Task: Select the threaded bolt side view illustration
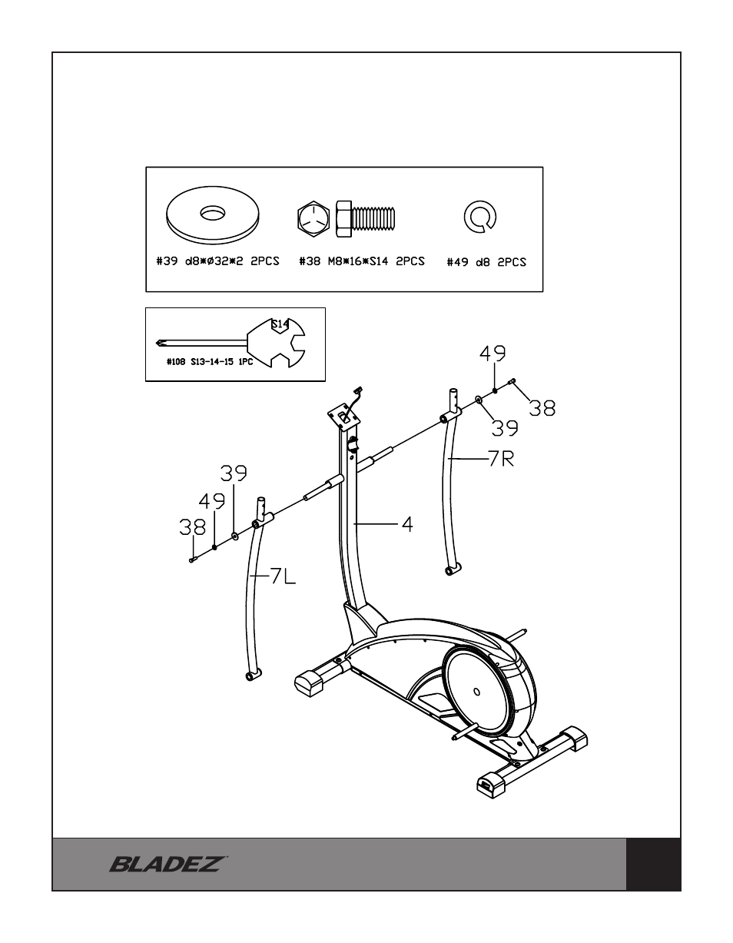366,217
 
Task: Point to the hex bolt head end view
313,217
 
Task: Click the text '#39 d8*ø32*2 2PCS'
217,261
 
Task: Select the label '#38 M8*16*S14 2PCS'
362,261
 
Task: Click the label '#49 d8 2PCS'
486,262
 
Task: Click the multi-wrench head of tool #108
277,343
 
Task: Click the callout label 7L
282,576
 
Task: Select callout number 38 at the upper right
542,407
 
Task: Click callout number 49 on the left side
212,502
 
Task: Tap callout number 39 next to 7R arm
505,427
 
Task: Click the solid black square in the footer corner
653,864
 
